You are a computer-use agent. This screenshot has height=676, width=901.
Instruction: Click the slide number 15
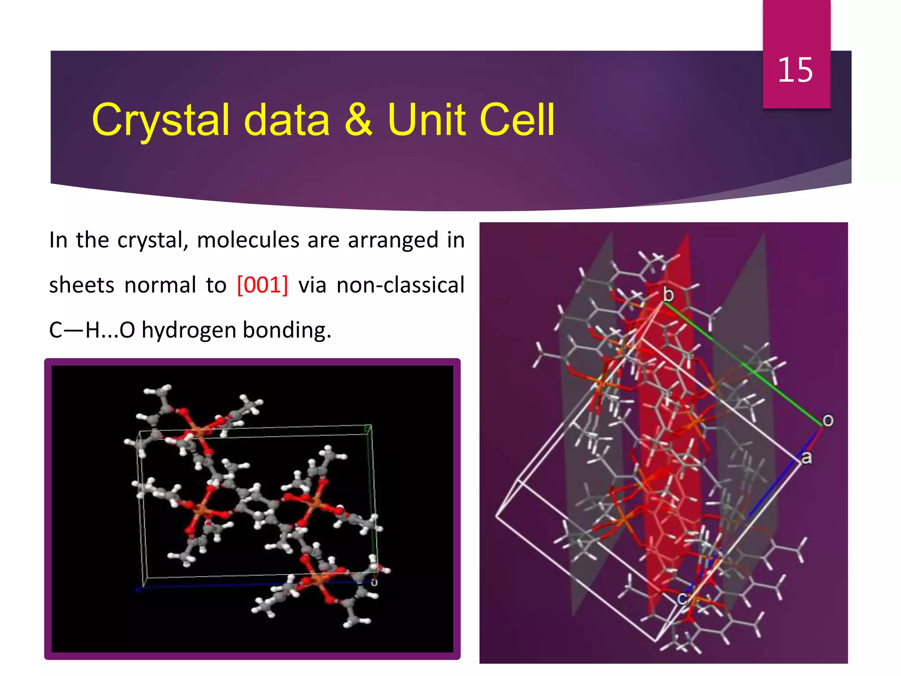pyautogui.click(x=795, y=70)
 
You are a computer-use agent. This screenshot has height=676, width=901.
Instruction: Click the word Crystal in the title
pyautogui.click(x=161, y=120)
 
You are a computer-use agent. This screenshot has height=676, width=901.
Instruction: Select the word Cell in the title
pyautogui.click(x=517, y=120)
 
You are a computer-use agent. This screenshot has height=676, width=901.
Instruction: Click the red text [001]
pyautogui.click(x=263, y=285)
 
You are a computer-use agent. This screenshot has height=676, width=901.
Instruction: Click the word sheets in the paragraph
pyautogui.click(x=82, y=285)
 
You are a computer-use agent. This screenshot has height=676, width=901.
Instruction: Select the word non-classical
pyautogui.click(x=400, y=285)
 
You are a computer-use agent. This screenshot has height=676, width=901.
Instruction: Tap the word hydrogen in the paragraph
pyautogui.click(x=188, y=330)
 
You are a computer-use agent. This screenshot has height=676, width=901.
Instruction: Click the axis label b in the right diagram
pyautogui.click(x=668, y=294)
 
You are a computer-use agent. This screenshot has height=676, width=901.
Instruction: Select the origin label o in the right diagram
pyautogui.click(x=828, y=420)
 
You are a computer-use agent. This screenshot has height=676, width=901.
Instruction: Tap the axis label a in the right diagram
pyautogui.click(x=806, y=458)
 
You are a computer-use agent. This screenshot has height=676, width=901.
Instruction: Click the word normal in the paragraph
pyautogui.click(x=160, y=285)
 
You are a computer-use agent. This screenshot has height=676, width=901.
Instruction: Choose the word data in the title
pyautogui.click(x=286, y=120)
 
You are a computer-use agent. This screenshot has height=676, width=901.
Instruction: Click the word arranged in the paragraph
pyautogui.click(x=393, y=240)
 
